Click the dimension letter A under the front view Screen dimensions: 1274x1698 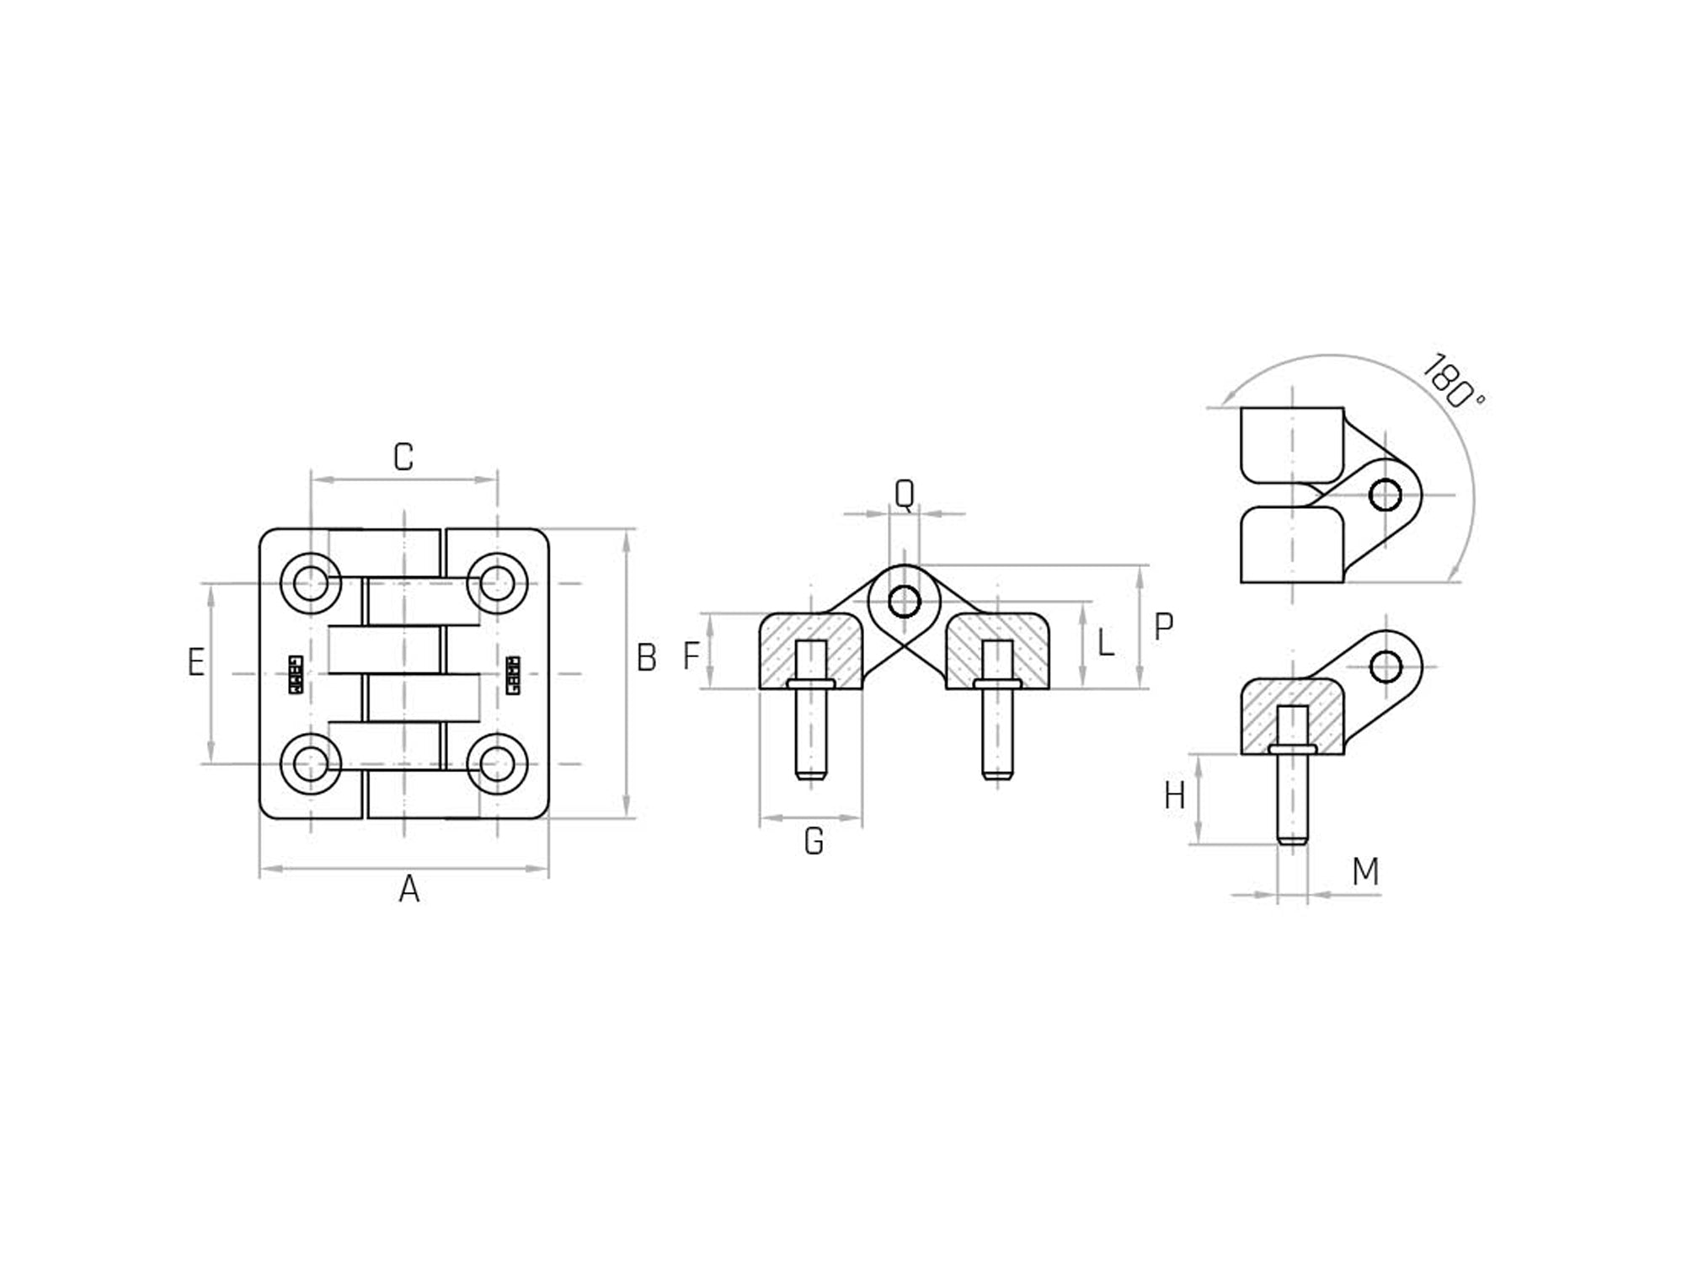[408, 889]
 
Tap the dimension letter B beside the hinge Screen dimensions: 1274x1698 [646, 658]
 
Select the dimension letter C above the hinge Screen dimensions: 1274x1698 [403, 457]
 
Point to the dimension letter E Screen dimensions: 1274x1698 [196, 662]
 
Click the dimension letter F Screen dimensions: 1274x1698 [691, 656]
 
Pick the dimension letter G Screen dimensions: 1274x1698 [814, 841]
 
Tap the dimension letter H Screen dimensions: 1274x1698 [1174, 795]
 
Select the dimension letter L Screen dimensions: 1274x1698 [1106, 645]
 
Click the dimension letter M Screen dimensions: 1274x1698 [1365, 872]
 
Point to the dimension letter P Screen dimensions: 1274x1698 [1163, 627]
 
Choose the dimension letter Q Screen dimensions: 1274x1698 [904, 494]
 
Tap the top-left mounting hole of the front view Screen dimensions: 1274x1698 [311, 583]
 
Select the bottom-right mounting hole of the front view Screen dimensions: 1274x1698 [497, 764]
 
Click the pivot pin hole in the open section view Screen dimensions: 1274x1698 [905, 602]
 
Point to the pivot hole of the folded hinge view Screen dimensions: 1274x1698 [1386, 495]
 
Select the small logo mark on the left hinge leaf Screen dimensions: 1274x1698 [296, 674]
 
